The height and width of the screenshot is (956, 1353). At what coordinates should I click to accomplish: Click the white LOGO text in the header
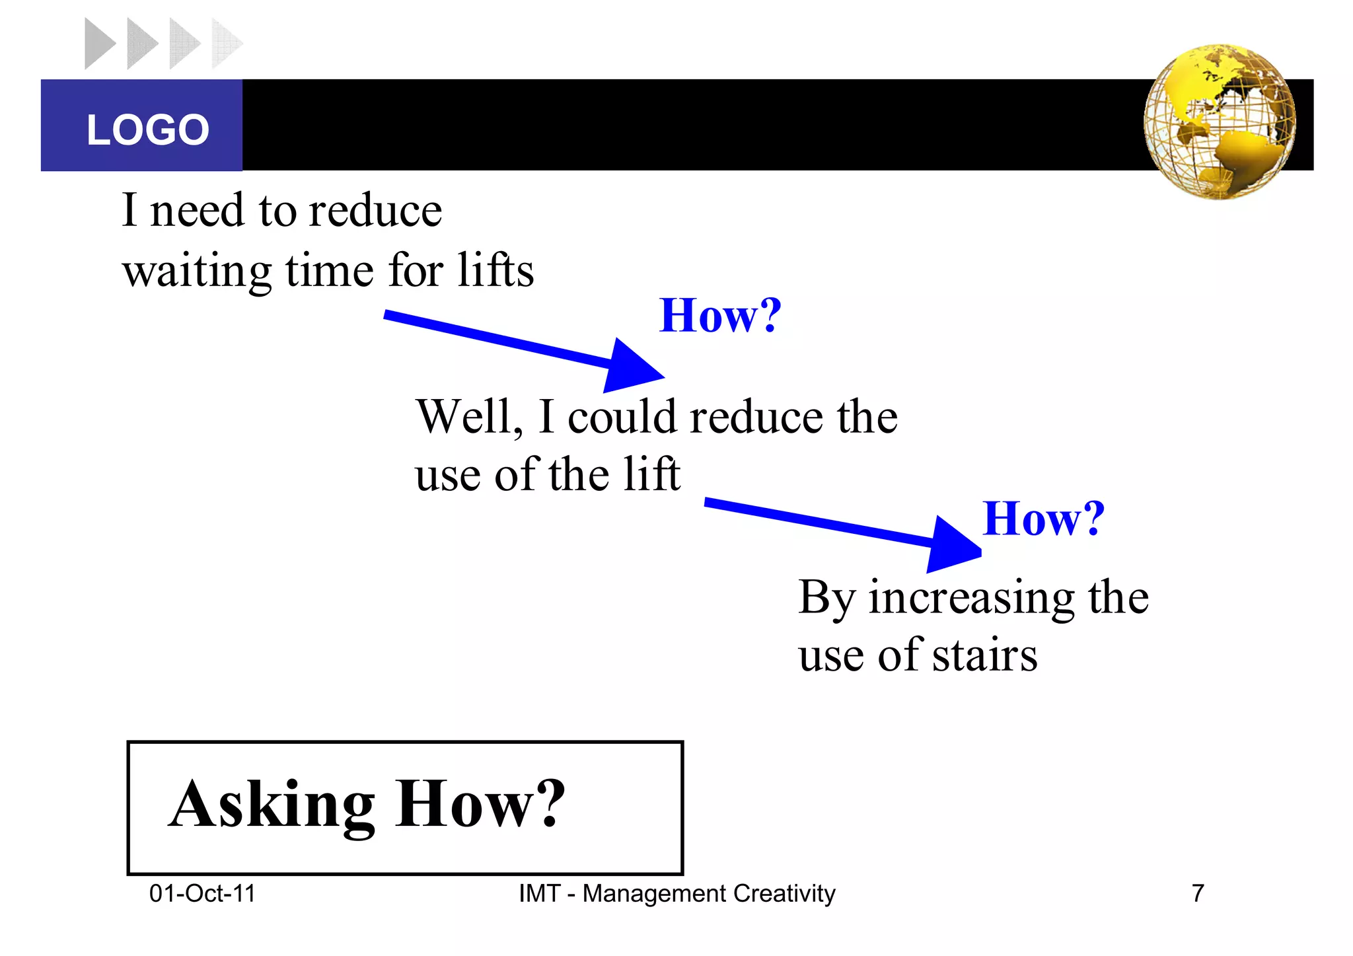[148, 129]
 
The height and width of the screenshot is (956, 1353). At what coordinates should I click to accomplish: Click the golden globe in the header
[1220, 122]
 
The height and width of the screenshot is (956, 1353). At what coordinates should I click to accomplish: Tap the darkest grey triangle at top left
[98, 44]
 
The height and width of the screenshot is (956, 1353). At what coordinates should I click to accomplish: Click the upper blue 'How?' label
[720, 316]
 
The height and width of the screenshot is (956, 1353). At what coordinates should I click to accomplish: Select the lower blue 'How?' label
[1043, 519]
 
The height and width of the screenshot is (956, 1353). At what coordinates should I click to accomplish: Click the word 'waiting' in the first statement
[197, 272]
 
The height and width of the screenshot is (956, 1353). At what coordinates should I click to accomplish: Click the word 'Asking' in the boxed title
[272, 805]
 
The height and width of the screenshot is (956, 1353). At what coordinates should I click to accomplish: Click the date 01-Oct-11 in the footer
[202, 894]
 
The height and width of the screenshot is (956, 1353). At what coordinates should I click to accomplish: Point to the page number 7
[1198, 894]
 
